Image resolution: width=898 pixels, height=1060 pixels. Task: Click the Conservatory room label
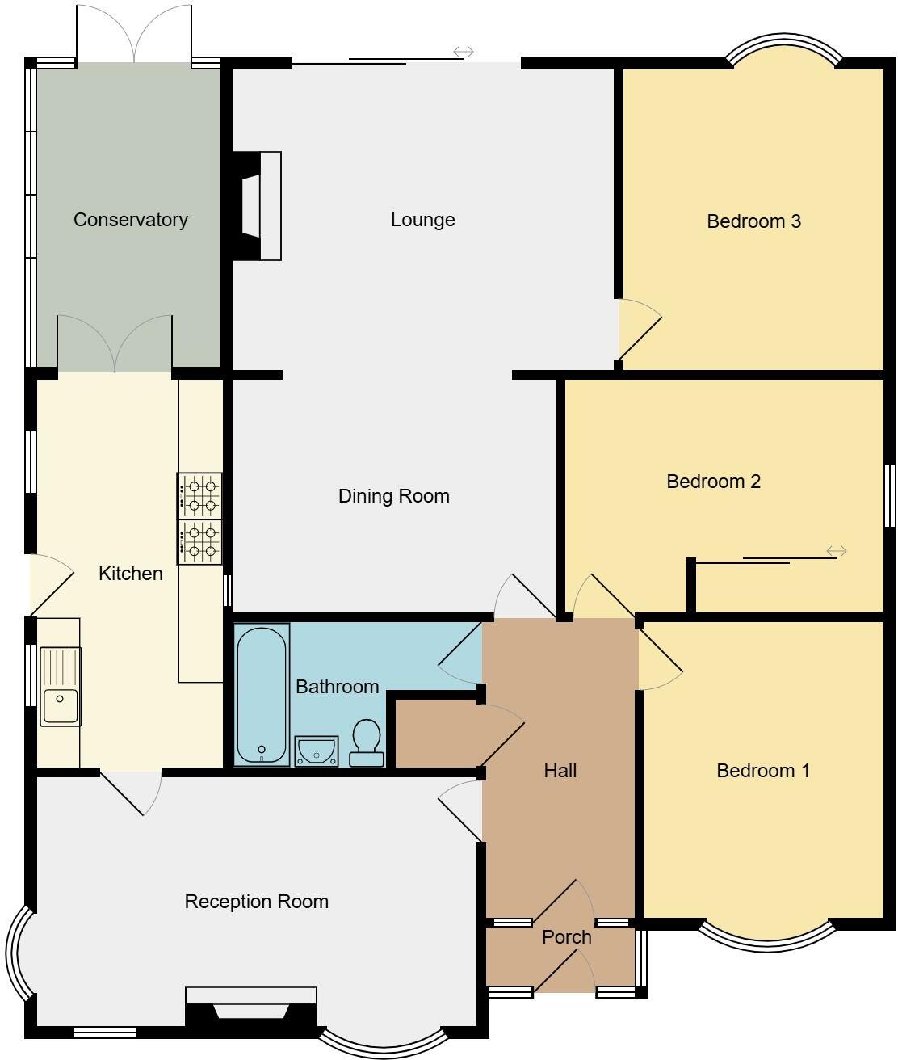(130, 220)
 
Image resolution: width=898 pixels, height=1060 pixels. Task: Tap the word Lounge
(422, 220)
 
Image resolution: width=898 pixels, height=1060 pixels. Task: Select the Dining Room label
(393, 496)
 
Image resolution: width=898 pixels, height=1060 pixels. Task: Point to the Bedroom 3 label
(753, 221)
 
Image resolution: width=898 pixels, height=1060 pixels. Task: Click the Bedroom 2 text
(713, 482)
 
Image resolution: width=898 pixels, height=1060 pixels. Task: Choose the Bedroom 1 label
(762, 771)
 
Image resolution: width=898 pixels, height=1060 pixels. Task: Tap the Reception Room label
(256, 902)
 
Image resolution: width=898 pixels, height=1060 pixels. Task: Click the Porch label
(566, 937)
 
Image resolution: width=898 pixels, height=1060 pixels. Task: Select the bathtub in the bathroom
(262, 694)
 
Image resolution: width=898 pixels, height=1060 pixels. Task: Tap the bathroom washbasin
(316, 751)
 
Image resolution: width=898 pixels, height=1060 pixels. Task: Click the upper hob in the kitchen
(199, 495)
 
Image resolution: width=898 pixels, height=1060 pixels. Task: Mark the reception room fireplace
(250, 1007)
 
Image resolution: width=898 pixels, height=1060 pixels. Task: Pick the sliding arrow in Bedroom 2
(836, 551)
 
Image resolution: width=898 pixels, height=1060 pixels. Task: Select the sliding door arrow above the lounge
(463, 52)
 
